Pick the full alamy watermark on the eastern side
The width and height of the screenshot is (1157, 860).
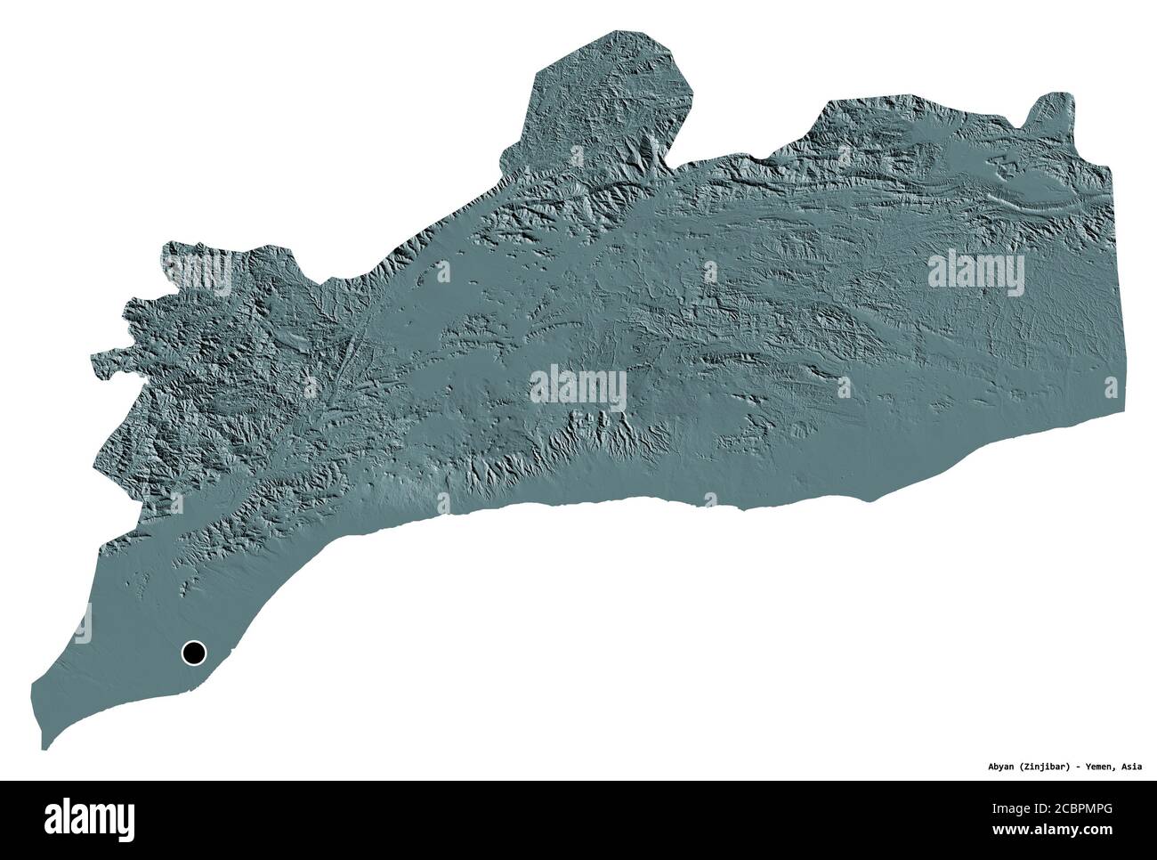point(975,270)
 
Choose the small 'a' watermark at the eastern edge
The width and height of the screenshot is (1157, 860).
point(1110,388)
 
